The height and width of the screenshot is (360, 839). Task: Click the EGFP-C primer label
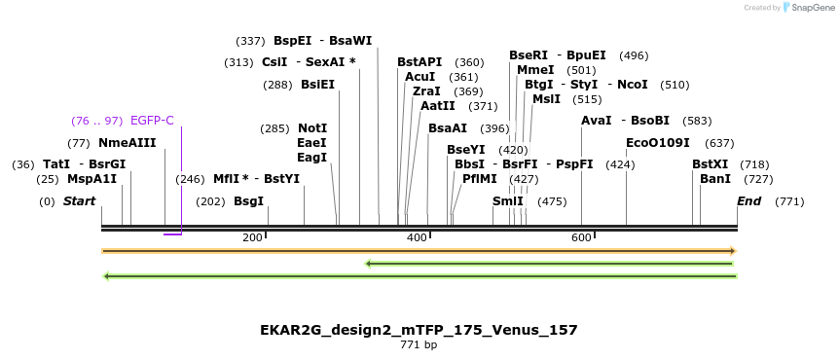(152, 121)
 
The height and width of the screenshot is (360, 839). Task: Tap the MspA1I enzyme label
(91, 179)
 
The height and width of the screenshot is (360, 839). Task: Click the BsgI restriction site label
(248, 201)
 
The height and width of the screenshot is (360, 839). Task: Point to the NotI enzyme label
(312, 128)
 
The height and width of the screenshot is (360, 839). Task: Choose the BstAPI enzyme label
(419, 62)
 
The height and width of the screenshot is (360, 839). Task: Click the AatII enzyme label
(437, 106)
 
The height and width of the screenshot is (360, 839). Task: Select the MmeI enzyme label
(535, 70)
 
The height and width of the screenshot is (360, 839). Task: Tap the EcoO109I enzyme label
(658, 143)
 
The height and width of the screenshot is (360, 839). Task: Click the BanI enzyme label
(715, 179)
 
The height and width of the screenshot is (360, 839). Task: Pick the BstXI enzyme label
(710, 164)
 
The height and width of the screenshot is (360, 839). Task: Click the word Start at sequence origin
(80, 201)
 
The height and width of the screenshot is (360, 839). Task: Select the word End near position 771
(748, 201)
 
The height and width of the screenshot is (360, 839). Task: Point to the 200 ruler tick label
(252, 238)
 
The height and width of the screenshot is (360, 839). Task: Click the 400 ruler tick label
(417, 238)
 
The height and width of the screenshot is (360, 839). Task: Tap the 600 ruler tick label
(581, 238)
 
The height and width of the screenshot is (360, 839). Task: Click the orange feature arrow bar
(419, 251)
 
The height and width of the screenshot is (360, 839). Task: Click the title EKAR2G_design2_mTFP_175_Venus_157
(419, 330)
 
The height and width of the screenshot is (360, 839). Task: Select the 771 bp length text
(419, 345)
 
